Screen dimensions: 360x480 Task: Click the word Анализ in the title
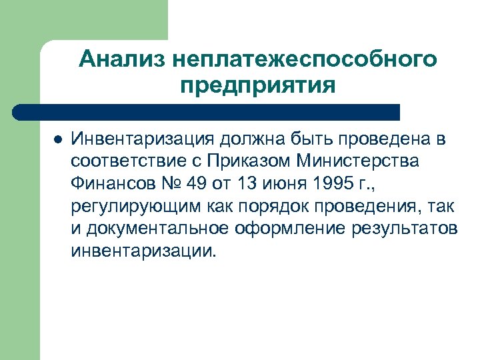[121, 60]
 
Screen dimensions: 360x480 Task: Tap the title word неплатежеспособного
[304, 60]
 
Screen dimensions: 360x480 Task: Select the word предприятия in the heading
[257, 86]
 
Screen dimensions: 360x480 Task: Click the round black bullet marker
[57, 141]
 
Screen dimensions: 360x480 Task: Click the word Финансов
[111, 183]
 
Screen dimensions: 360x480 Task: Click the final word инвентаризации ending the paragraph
[143, 251]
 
